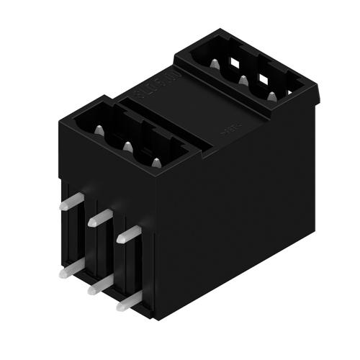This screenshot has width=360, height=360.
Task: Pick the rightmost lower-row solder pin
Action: pos(125,302)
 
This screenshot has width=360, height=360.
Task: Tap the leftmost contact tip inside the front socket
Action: pos(99,130)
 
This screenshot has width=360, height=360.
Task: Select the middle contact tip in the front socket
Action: pos(127,146)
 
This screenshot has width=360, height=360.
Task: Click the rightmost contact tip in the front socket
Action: pos(156,161)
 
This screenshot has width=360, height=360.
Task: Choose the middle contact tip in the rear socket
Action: pos(243,80)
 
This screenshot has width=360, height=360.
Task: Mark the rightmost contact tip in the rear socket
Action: pos(271,95)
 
